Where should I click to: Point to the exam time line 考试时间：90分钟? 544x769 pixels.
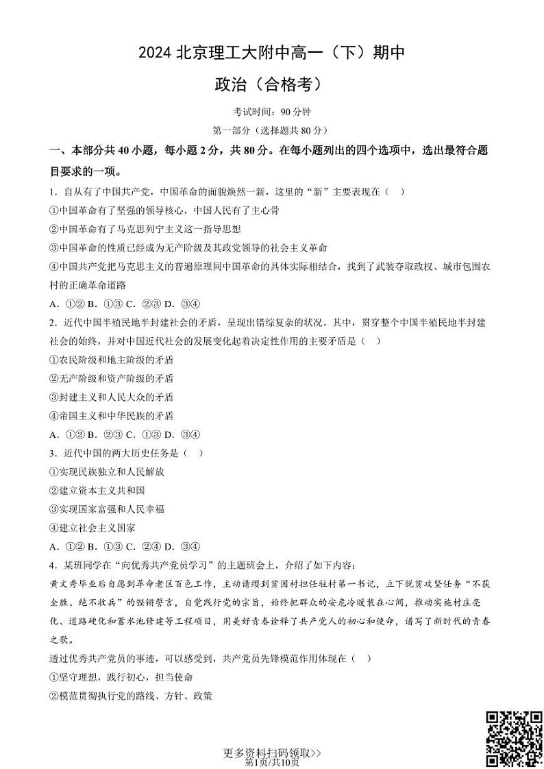[271, 112]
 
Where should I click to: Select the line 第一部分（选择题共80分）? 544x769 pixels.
[271, 130]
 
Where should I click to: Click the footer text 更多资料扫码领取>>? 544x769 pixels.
[272, 753]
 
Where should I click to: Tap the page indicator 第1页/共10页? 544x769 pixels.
[272, 762]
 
